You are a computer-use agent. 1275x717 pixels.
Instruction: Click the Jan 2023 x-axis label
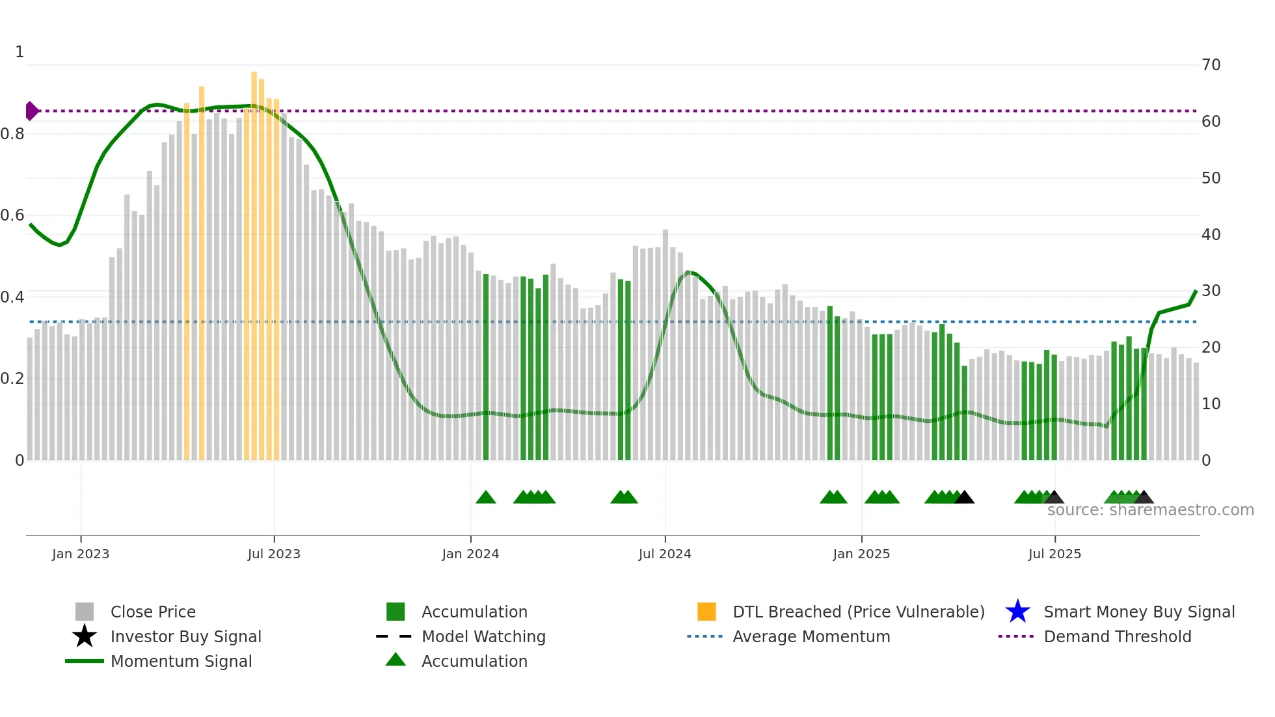click(x=81, y=554)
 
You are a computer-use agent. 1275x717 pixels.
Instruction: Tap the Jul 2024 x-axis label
click(x=665, y=554)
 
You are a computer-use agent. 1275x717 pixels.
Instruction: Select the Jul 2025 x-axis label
click(x=1054, y=554)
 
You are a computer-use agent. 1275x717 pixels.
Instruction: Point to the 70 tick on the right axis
click(x=1211, y=65)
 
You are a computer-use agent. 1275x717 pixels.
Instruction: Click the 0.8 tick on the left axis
click(x=12, y=134)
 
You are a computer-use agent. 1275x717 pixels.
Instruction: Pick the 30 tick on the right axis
click(x=1211, y=291)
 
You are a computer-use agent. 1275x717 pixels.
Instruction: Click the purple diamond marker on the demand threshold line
click(x=31, y=111)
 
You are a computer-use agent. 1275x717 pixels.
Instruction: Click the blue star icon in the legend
click(x=1017, y=612)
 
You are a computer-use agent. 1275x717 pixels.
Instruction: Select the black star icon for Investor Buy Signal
click(x=85, y=636)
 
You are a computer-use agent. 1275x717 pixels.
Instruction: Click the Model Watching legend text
click(x=483, y=636)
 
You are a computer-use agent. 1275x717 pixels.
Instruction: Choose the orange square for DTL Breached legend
click(x=706, y=612)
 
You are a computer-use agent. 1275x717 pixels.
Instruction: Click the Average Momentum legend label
click(x=811, y=636)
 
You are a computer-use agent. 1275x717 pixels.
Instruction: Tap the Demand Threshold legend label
click(x=1117, y=636)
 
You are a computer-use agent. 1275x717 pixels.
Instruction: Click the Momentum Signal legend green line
click(x=85, y=661)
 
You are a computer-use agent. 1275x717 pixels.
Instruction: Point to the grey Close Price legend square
click(x=85, y=612)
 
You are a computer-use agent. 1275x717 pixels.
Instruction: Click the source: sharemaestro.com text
click(x=1150, y=510)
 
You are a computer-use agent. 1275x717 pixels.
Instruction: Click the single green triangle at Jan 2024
click(x=486, y=498)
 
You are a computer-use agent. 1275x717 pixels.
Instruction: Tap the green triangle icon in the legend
click(x=396, y=660)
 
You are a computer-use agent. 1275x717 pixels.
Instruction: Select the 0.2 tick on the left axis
click(x=12, y=379)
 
